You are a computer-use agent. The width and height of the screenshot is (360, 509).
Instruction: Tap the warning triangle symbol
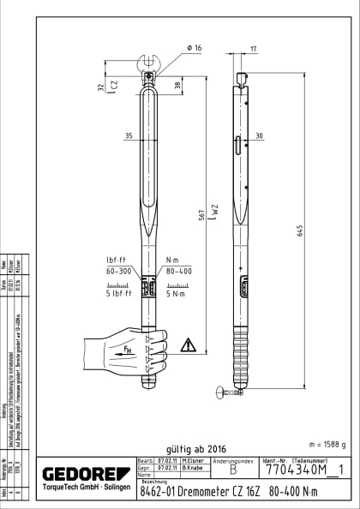point(188,346)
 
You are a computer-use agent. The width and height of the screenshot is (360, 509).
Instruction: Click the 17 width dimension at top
point(254,48)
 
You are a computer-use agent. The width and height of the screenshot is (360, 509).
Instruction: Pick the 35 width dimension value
point(128,135)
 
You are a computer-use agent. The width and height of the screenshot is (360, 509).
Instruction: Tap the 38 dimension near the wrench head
point(177,85)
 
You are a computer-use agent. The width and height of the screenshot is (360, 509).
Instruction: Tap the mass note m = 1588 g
point(327,444)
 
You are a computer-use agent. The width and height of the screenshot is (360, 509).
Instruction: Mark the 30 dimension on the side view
point(258,135)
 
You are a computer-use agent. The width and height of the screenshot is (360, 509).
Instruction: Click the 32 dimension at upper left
point(101,87)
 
